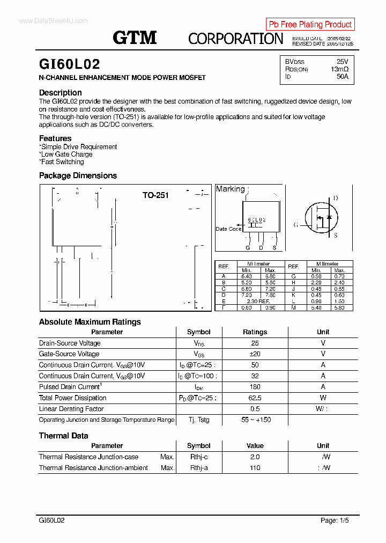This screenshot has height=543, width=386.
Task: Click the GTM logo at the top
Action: point(135,37)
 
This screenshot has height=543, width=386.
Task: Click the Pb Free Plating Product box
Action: point(310,24)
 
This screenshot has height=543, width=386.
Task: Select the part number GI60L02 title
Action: point(70,64)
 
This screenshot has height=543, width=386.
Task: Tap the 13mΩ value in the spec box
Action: point(339,69)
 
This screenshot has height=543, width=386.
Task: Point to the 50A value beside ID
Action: point(342,77)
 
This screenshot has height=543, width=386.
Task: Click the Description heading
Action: point(61,92)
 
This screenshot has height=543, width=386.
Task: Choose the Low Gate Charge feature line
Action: point(66,154)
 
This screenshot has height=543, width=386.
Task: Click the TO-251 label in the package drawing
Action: point(155,195)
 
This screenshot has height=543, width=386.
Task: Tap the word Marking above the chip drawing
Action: point(230,189)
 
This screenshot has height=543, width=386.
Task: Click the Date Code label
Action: point(228,229)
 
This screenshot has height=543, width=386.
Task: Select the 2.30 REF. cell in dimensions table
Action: point(258,301)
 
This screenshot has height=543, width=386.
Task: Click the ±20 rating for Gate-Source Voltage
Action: point(255,354)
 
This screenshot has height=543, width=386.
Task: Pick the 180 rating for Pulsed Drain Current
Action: point(255,387)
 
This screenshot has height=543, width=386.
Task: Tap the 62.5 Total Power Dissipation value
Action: point(255,398)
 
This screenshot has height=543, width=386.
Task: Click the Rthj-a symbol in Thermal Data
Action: point(199,467)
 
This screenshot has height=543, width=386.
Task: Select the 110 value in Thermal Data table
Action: point(255,467)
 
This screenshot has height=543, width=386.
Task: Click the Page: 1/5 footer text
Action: point(335,520)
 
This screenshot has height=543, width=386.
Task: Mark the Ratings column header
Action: point(255,332)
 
